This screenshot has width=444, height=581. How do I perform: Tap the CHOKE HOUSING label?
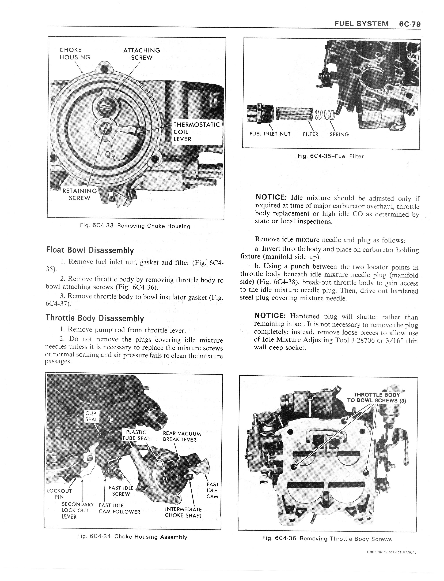pos(75,54)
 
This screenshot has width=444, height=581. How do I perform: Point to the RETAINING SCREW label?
pos(79,194)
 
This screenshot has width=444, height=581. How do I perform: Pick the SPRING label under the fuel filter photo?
pos(339,134)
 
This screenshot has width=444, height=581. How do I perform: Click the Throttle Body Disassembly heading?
pos(95,318)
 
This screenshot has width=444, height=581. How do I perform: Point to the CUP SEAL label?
pos(91,416)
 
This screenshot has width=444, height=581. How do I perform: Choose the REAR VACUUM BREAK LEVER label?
pos(182,436)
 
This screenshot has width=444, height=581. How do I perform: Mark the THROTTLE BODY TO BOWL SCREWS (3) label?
pos(376,398)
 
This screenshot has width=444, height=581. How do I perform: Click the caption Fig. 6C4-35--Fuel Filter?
pos(330,156)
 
